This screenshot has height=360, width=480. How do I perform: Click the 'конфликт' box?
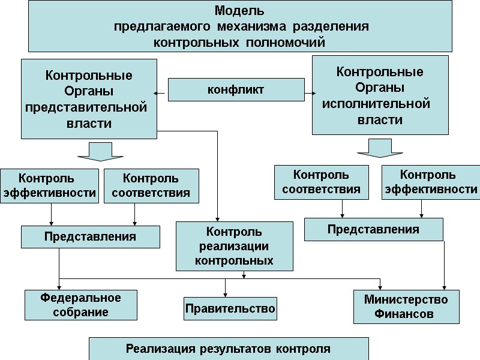[x=235, y=91]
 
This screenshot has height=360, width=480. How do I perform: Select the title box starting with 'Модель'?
[x=240, y=26]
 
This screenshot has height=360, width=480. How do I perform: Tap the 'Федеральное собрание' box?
[x=81, y=305]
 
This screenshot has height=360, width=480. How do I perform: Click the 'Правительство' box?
[x=230, y=308]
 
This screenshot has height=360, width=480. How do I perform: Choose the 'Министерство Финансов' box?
[x=406, y=307]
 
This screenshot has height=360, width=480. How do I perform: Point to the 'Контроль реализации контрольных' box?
[x=235, y=246]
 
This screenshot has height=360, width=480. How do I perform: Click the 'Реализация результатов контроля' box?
[x=229, y=349]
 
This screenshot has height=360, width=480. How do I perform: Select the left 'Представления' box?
[x=91, y=236]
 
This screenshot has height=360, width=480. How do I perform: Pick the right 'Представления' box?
[x=373, y=229]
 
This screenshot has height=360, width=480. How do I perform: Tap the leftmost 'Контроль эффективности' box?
[x=49, y=186]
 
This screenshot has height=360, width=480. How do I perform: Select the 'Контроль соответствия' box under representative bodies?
[x=151, y=186]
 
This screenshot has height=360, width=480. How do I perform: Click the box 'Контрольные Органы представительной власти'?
[x=89, y=99]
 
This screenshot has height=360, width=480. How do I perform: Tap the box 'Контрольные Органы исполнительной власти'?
[x=380, y=95]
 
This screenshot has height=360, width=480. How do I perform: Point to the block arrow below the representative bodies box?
[x=100, y=152]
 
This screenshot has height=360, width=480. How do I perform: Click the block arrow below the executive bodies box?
[x=376, y=148]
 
